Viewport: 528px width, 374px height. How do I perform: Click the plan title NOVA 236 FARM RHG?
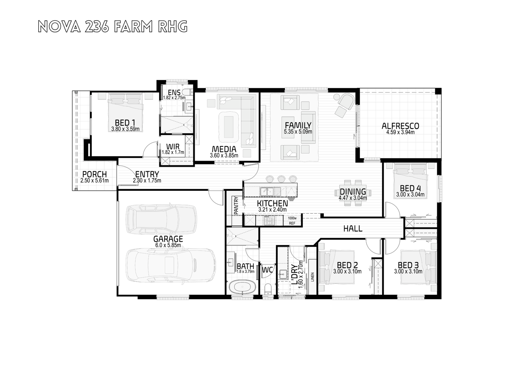tap(113, 26)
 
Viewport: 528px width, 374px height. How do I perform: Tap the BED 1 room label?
tap(125, 123)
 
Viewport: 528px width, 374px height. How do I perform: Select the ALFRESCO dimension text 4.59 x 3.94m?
tap(400, 132)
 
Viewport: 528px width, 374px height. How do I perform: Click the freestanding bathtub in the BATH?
tap(242, 287)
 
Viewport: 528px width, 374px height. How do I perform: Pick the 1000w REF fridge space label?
tap(292, 221)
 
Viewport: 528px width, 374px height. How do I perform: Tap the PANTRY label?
tap(236, 206)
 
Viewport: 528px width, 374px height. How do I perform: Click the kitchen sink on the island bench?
tap(267, 191)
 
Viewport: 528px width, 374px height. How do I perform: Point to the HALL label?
tap(353, 229)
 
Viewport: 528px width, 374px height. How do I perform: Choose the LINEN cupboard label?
tap(313, 277)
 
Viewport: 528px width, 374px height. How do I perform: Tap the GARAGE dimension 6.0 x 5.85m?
tap(168, 245)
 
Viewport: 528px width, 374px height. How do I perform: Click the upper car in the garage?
tap(161, 219)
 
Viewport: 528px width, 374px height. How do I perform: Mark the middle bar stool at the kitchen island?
tap(281, 179)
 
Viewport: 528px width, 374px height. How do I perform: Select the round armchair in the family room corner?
tap(346, 101)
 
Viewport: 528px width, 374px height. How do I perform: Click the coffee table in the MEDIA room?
tap(229, 127)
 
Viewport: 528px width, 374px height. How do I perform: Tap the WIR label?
tap(173, 147)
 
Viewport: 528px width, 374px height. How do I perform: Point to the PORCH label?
tap(94, 174)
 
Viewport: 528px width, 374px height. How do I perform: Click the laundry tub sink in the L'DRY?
tap(282, 274)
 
